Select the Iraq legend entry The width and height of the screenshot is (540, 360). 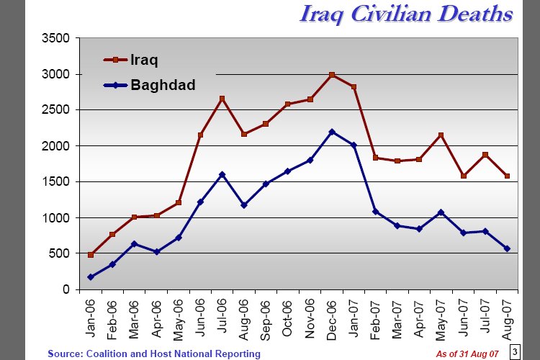click(143, 60)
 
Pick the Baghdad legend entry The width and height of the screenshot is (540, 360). click(163, 86)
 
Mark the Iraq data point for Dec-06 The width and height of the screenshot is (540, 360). click(332, 75)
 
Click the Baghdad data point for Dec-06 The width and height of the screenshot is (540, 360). click(332, 132)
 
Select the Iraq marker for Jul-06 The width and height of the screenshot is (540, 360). click(222, 99)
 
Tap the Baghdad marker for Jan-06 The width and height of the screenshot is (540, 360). click(90, 277)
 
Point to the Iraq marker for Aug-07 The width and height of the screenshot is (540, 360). click(507, 176)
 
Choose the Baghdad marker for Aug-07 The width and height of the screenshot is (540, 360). click(507, 249)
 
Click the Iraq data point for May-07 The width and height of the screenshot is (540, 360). click(441, 135)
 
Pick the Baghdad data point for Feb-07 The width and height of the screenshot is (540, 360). click(375, 212)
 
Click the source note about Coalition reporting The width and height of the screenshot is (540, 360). click(154, 354)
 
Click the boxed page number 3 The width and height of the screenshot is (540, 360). click(515, 351)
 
